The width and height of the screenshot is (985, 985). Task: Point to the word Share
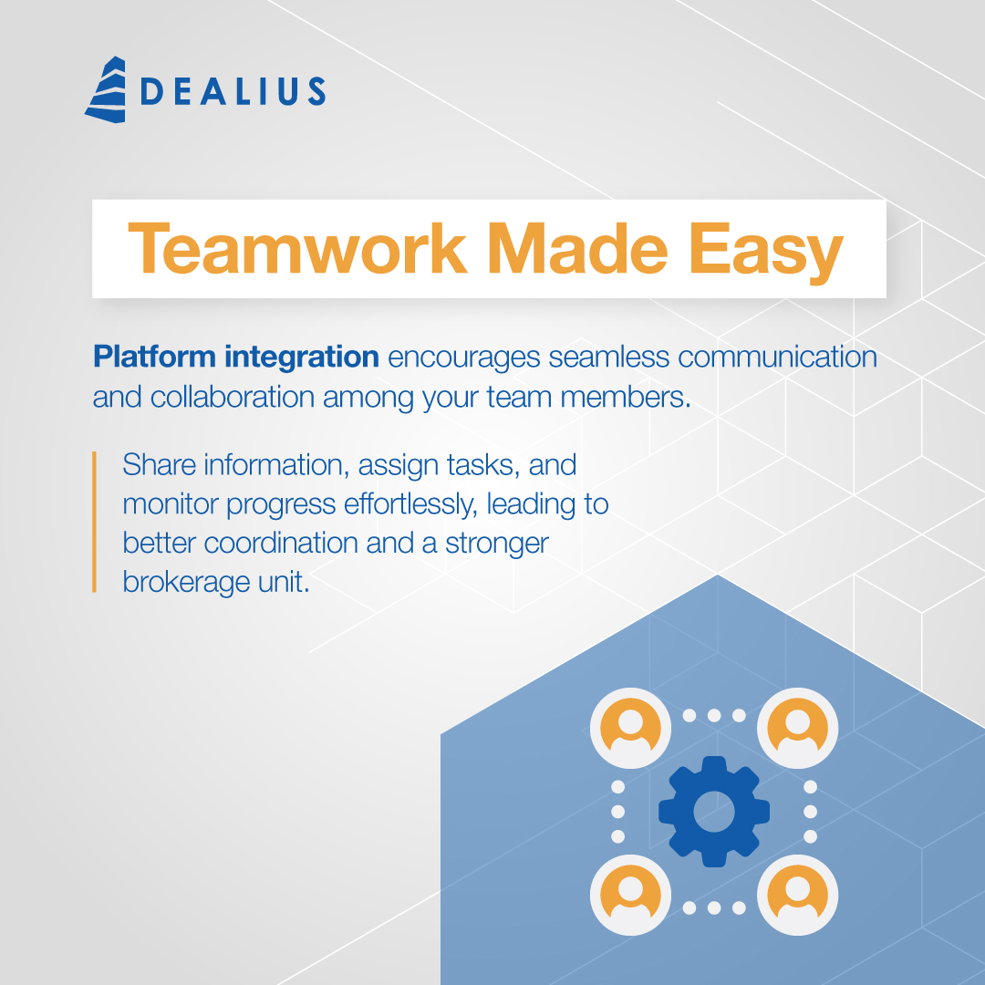click(159, 464)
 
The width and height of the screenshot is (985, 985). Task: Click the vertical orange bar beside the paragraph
click(94, 522)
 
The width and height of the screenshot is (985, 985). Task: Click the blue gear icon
click(713, 811)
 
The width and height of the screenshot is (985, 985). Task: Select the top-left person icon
click(629, 728)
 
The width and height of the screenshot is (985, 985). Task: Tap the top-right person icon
click(797, 728)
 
